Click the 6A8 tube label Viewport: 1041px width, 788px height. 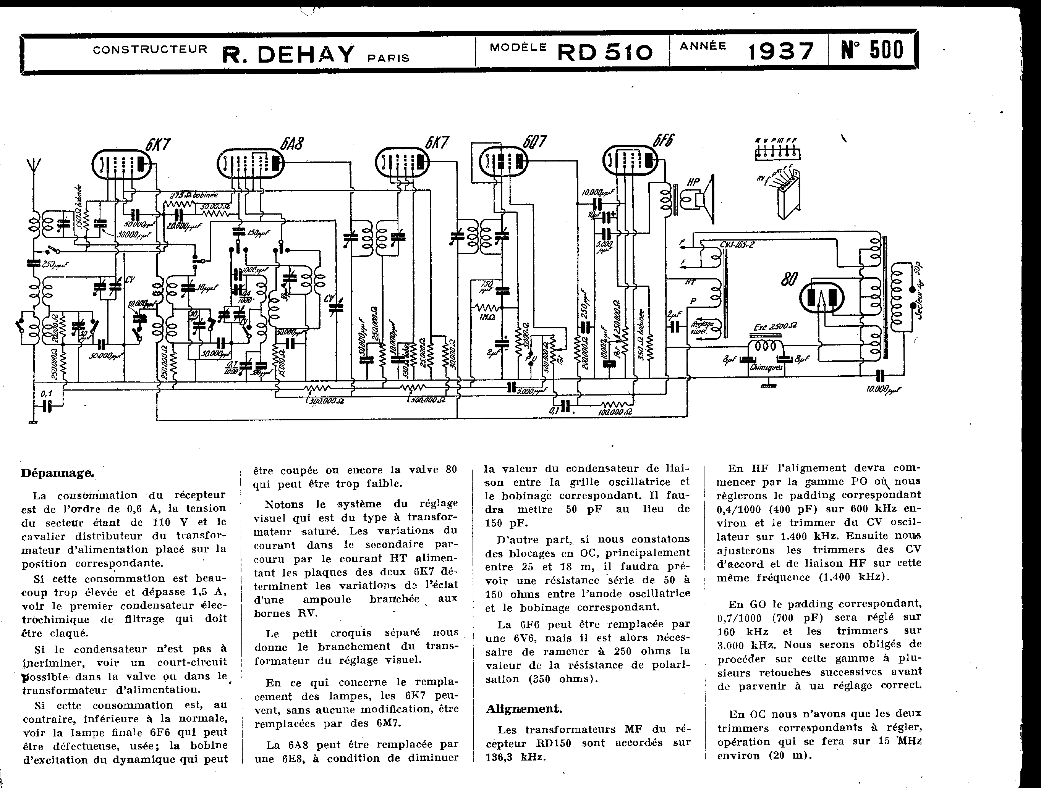292,142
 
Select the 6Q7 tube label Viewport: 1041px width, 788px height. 536,141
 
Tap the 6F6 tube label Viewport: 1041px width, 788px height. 663,140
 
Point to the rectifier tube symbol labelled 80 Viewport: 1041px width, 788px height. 822,298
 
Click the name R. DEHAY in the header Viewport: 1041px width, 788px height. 288,55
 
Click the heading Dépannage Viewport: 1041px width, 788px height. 57,473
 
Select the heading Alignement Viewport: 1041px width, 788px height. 524,709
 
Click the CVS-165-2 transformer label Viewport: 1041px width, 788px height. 737,245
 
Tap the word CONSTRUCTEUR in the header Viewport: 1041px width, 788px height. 150,49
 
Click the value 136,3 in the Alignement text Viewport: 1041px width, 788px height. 502,757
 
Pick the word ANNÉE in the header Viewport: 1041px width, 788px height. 703,46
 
